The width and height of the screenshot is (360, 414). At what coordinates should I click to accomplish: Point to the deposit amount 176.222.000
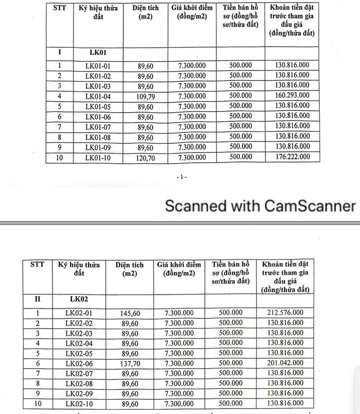point(292,157)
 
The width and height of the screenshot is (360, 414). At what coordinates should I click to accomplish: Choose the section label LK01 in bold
point(98,52)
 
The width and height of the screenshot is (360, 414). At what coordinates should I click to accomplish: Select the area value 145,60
point(130,313)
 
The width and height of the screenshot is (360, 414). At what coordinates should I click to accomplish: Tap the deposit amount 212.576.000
point(285,313)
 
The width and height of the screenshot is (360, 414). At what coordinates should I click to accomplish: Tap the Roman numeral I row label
point(59,52)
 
